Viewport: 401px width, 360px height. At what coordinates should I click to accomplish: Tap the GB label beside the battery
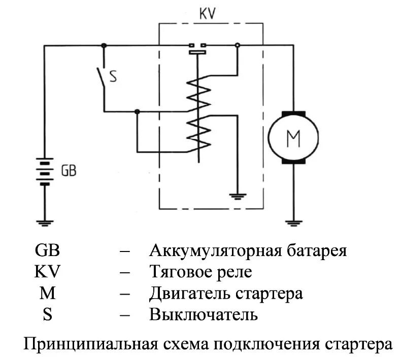pyautogui.click(x=69, y=171)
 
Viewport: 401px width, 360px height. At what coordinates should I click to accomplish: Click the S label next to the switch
pyautogui.click(x=113, y=77)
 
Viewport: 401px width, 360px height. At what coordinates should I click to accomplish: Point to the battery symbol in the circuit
pyautogui.click(x=45, y=171)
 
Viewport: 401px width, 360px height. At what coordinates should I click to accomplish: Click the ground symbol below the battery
pyautogui.click(x=45, y=221)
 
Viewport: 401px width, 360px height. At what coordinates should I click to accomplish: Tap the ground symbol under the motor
pyautogui.click(x=293, y=221)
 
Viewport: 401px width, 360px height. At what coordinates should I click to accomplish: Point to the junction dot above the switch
pyautogui.click(x=105, y=45)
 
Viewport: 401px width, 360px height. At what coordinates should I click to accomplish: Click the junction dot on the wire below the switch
pyautogui.click(x=137, y=111)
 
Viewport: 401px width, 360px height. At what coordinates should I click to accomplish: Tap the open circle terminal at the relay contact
pyautogui.click(x=237, y=45)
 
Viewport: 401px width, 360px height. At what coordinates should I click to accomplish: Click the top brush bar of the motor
pyautogui.click(x=293, y=112)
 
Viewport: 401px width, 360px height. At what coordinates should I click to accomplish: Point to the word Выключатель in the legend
pyautogui.click(x=204, y=314)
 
